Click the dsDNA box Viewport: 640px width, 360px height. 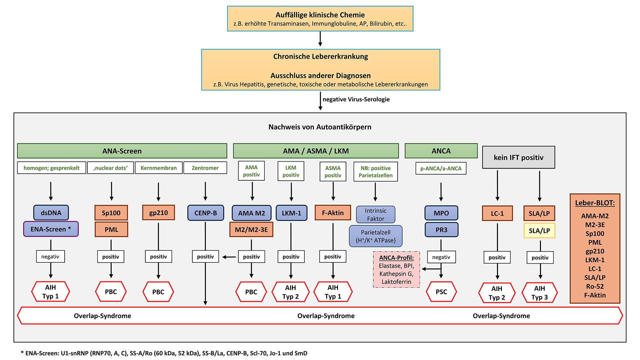51,213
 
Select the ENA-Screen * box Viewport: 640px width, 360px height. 51,229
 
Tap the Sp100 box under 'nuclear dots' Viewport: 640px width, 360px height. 111,213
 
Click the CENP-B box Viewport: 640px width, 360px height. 205,213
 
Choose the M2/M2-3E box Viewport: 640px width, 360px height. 251,229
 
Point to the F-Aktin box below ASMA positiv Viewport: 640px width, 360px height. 333,213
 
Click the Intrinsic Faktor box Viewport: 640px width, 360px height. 375,215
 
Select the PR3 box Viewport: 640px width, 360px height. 441,230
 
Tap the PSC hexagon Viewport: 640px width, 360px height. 441,292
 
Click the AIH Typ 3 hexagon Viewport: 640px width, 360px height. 539,293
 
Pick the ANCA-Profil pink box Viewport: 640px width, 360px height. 396,269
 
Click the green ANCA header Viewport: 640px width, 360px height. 441,151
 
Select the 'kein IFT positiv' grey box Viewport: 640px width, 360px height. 518,157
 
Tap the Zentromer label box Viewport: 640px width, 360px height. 205,168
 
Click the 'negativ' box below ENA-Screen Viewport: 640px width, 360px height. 50,257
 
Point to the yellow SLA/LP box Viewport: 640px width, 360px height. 539,231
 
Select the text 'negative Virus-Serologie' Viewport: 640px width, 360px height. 356,99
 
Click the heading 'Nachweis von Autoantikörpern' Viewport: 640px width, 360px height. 320,127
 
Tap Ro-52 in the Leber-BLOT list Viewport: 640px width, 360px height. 595,286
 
